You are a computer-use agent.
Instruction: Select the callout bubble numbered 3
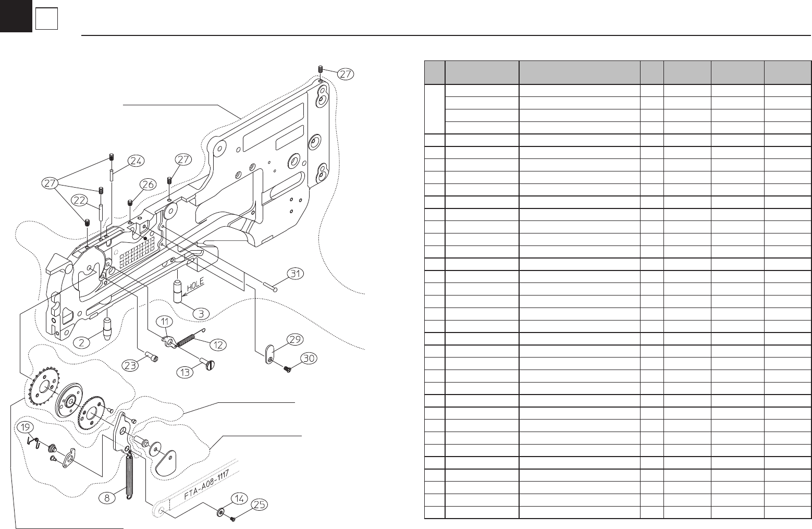pyautogui.click(x=201, y=314)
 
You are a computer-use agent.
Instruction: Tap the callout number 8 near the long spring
pyautogui.click(x=107, y=498)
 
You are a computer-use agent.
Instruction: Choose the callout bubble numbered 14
pyautogui.click(x=239, y=498)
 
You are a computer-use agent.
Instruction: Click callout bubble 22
pyautogui.click(x=79, y=200)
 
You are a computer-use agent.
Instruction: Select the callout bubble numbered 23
pyautogui.click(x=130, y=366)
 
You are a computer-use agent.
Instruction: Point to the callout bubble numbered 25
pyautogui.click(x=260, y=505)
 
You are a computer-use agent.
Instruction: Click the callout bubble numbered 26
pyautogui.click(x=148, y=184)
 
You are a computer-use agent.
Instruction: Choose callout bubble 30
pyautogui.click(x=309, y=359)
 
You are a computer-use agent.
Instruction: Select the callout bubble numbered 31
pyautogui.click(x=296, y=273)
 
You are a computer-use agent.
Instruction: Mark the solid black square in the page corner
pyautogui.click(x=16, y=16)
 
